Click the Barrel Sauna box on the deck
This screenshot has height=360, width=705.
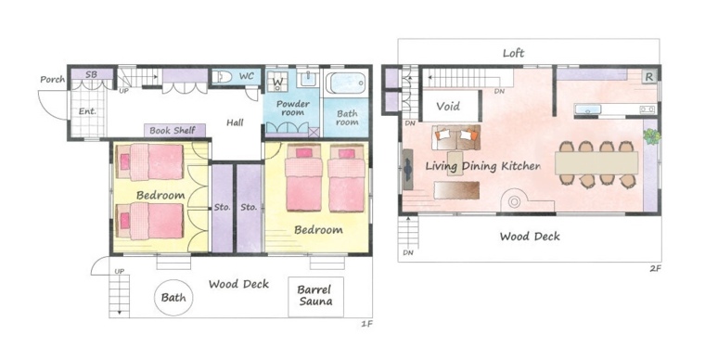click(x=315, y=297)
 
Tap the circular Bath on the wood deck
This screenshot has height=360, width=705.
click(x=173, y=297)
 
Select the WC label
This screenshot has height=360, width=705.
click(x=246, y=76)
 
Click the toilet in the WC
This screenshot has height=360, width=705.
click(x=222, y=77)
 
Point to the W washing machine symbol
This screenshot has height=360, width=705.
click(x=278, y=83)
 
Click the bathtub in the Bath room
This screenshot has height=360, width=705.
click(x=346, y=83)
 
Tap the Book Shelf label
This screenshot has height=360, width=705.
click(x=173, y=130)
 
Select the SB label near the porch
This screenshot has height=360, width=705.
click(x=91, y=74)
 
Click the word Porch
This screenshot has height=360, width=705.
click(x=53, y=80)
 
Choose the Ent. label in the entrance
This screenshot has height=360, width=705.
click(x=87, y=111)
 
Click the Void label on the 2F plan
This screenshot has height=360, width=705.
click(x=448, y=107)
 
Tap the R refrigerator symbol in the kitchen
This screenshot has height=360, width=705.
click(x=648, y=76)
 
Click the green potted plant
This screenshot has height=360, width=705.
click(x=651, y=136)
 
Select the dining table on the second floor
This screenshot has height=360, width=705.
click(x=596, y=163)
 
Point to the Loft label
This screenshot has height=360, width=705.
click(x=514, y=53)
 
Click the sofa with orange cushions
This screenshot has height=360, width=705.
click(x=455, y=137)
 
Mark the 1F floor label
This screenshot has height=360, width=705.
click(x=367, y=324)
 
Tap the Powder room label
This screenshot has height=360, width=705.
click(x=293, y=108)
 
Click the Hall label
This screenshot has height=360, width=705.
click(x=235, y=122)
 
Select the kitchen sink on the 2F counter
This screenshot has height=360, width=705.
click(x=587, y=109)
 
